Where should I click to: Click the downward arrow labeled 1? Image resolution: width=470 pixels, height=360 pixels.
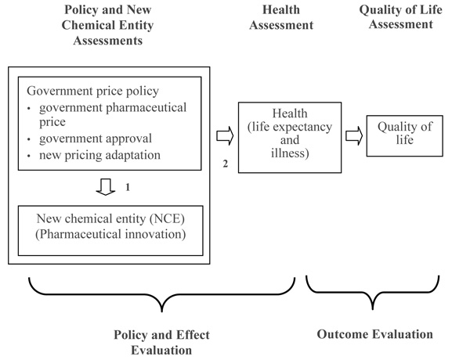click(x=106, y=187)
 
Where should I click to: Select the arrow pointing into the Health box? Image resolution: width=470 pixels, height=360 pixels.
click(x=225, y=135)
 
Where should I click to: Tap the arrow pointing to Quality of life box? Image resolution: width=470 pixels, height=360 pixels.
click(x=354, y=135)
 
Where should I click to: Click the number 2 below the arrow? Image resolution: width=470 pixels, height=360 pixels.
click(x=225, y=164)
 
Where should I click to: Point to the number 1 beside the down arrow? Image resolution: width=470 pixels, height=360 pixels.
click(x=128, y=187)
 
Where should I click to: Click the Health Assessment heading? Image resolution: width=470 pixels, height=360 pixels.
click(x=281, y=17)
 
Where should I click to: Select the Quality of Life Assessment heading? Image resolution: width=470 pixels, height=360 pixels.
click(x=401, y=16)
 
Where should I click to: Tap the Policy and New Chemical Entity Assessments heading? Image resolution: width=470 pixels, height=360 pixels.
click(x=107, y=25)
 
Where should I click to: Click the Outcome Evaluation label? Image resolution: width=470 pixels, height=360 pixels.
click(x=374, y=334)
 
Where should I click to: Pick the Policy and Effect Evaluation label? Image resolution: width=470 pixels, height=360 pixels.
click(x=161, y=342)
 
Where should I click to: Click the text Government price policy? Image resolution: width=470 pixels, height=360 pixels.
click(x=93, y=91)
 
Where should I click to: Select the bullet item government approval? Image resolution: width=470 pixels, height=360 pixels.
click(x=96, y=139)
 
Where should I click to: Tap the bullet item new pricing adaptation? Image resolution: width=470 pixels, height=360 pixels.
click(x=99, y=155)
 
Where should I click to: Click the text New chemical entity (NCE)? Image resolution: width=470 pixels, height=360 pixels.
click(x=110, y=218)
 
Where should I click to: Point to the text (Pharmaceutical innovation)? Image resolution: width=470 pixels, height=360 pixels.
click(x=110, y=234)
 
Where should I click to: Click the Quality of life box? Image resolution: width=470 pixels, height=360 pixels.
click(x=405, y=135)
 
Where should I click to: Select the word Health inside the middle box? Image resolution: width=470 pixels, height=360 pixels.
click(x=290, y=113)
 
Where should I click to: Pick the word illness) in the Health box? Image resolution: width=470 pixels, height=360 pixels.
click(x=290, y=153)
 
